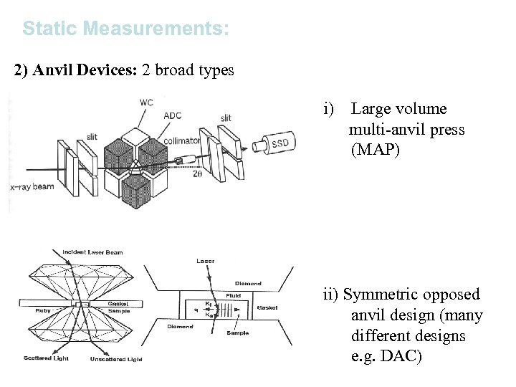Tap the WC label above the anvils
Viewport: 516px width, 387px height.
coord(146,102)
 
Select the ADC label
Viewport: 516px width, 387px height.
coord(173,115)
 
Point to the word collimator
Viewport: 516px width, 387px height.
coord(181,141)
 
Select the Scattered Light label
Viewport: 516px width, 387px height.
coord(45,358)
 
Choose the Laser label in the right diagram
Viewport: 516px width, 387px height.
coord(205,261)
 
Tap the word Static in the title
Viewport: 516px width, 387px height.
coord(49,29)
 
